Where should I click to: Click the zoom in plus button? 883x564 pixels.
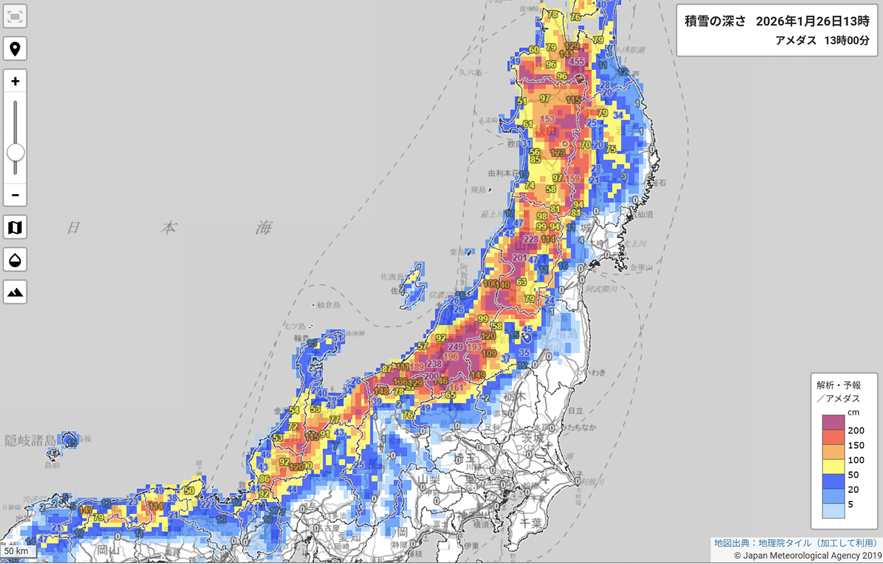coord(15,81)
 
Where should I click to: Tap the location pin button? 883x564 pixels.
coord(15,49)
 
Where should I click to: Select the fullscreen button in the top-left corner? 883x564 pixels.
coord(15,17)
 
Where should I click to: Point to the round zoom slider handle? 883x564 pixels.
coord(15,153)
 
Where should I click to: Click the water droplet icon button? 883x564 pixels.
coord(15,260)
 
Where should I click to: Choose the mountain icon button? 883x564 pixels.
coord(15,292)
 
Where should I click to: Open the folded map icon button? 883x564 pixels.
coord(15,227)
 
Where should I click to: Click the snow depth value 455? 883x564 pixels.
coord(576,62)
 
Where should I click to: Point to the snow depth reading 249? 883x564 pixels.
coord(455,347)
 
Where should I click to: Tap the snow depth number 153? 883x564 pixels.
coord(547,120)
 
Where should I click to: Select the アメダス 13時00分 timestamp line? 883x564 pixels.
coord(822,41)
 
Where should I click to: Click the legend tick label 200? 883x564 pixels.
coord(856,431)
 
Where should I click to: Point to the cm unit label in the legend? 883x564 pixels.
coord(853,412)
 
